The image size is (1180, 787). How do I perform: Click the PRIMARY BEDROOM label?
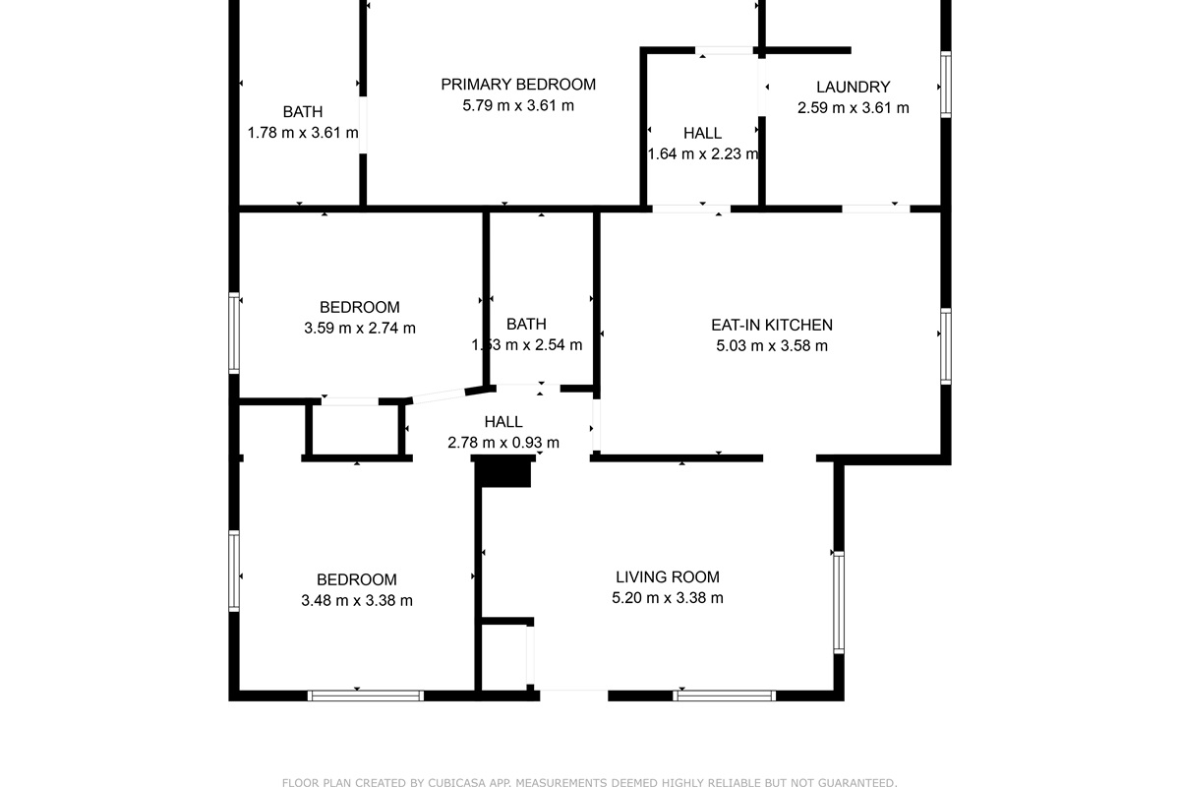coord(518,85)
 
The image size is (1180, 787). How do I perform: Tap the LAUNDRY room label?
coord(854,87)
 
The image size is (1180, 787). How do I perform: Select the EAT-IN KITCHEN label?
coord(772,326)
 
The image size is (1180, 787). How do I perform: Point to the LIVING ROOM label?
coord(668,577)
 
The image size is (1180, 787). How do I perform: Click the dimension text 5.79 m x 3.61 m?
coord(518,105)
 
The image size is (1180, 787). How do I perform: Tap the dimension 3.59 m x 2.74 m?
coord(360,328)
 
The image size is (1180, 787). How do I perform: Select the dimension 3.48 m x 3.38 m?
coord(357,600)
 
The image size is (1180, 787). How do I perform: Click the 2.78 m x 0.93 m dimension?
coord(503,443)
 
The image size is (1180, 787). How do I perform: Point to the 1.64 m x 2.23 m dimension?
coord(703,153)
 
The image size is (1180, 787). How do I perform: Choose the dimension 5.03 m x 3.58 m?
coord(772,346)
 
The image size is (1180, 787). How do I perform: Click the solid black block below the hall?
coord(503,471)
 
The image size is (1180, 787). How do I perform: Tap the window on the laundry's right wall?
coord(946,85)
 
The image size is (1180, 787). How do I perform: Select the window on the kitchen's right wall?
coord(946,346)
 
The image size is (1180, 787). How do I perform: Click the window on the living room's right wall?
coord(839,602)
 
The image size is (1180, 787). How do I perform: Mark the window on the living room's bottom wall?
coord(725,696)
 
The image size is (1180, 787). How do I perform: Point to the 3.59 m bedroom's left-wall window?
coord(234,333)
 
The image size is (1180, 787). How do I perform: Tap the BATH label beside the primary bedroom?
coord(303,112)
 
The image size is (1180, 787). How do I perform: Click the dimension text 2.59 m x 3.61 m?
coord(854,107)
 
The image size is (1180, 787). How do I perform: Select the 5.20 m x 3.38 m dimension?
coord(668,598)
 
